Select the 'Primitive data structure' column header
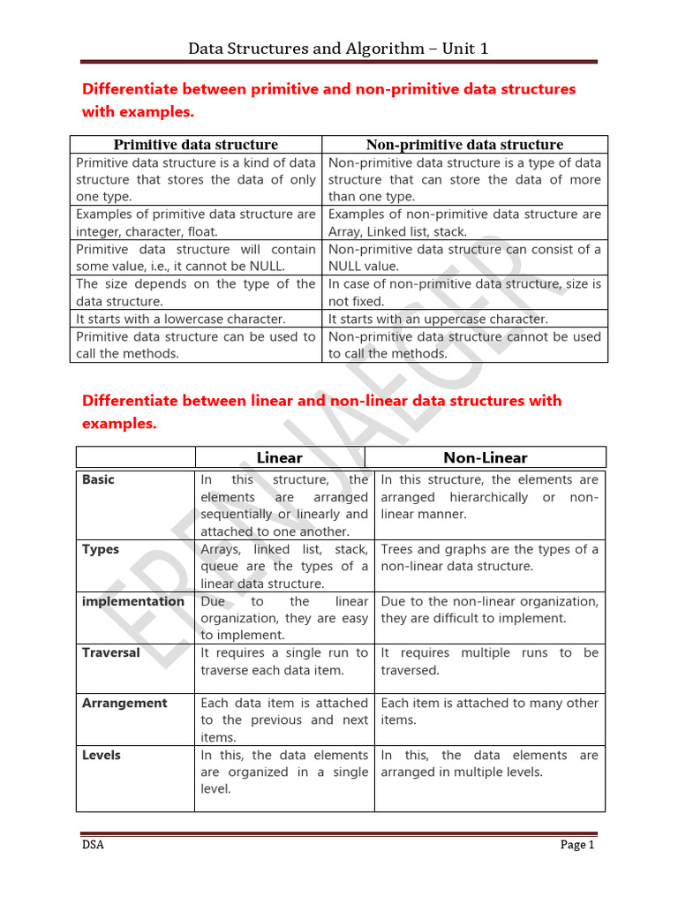pos(196,145)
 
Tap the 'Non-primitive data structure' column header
pos(464,145)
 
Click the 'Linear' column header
pos(279,457)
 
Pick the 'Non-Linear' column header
pos(485,457)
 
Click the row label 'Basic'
pos(98,480)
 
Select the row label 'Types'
pos(101,549)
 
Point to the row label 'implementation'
pos(133,601)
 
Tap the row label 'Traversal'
pos(111,653)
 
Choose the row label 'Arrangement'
pos(124,704)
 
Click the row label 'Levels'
pos(102,756)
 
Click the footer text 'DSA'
pos(92,845)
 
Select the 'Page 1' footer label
pos(578,845)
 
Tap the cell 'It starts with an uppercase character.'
pos(439,319)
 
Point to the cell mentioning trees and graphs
pos(489,558)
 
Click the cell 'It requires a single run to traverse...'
pos(284,661)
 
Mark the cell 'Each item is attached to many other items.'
pos(489,712)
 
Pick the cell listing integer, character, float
pos(196,223)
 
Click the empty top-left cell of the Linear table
pos(135,457)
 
